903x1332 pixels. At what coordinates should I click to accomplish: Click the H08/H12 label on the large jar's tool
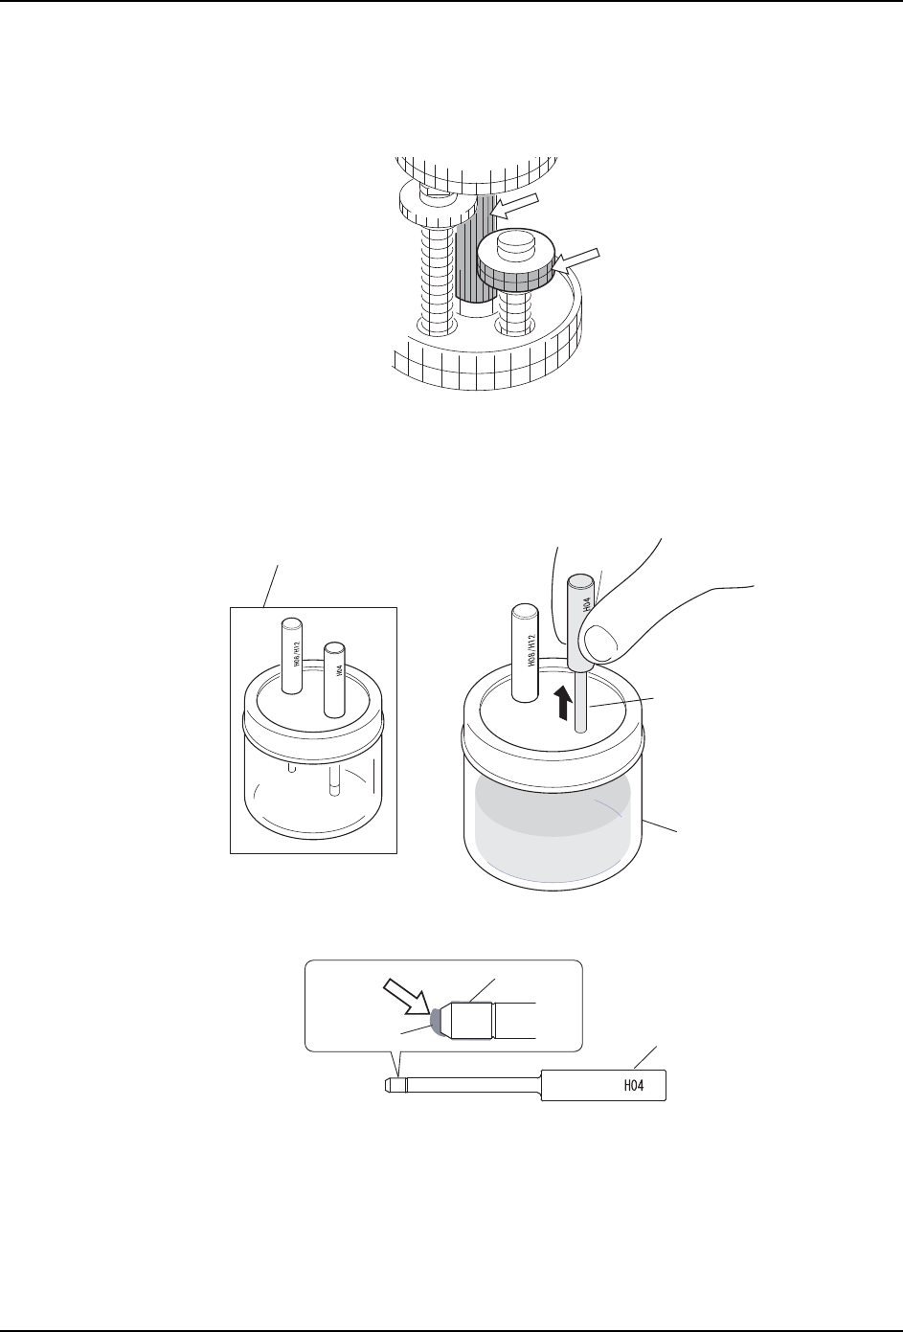530,657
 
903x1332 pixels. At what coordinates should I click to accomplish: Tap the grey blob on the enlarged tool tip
437,1022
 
